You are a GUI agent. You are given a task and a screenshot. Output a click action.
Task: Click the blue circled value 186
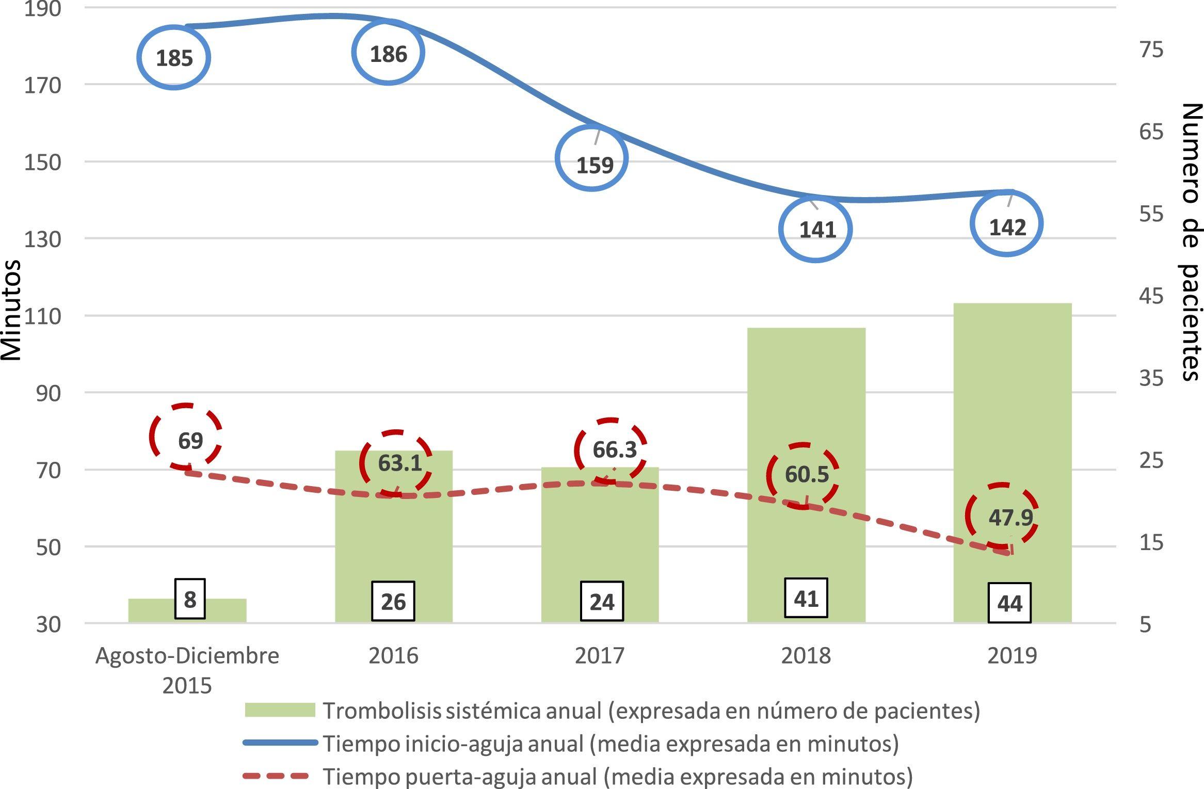coord(388,53)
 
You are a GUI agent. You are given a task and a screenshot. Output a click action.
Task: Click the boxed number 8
coord(190,599)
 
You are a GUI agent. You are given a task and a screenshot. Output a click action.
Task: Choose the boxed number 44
coord(1009,603)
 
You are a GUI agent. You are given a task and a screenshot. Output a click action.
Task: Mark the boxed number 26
coord(393,601)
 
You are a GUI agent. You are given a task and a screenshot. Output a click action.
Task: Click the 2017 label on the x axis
coord(599,655)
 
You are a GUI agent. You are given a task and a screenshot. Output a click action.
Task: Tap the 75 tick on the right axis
coord(1151,50)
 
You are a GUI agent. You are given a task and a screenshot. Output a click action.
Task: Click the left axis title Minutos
coord(11,310)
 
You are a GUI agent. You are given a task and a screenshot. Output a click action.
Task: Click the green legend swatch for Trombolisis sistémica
coord(280,710)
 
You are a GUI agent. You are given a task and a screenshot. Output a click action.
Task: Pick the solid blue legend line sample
coord(280,743)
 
